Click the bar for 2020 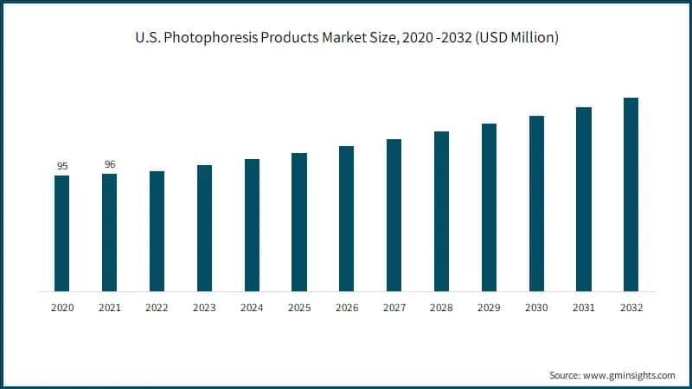[x=61, y=233]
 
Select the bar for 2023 [x=204, y=228]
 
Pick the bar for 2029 [x=489, y=207]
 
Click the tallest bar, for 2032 [x=631, y=194]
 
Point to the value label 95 [x=62, y=166]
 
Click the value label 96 [x=110, y=164]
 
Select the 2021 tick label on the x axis [x=109, y=307]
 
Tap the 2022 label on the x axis [x=157, y=307]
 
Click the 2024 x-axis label [x=252, y=307]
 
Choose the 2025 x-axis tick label [x=299, y=307]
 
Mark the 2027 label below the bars [x=394, y=307]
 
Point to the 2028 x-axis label [x=441, y=307]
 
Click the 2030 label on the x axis [x=536, y=307]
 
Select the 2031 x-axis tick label [x=584, y=307]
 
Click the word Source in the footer [x=567, y=375]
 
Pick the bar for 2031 [x=584, y=200]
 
